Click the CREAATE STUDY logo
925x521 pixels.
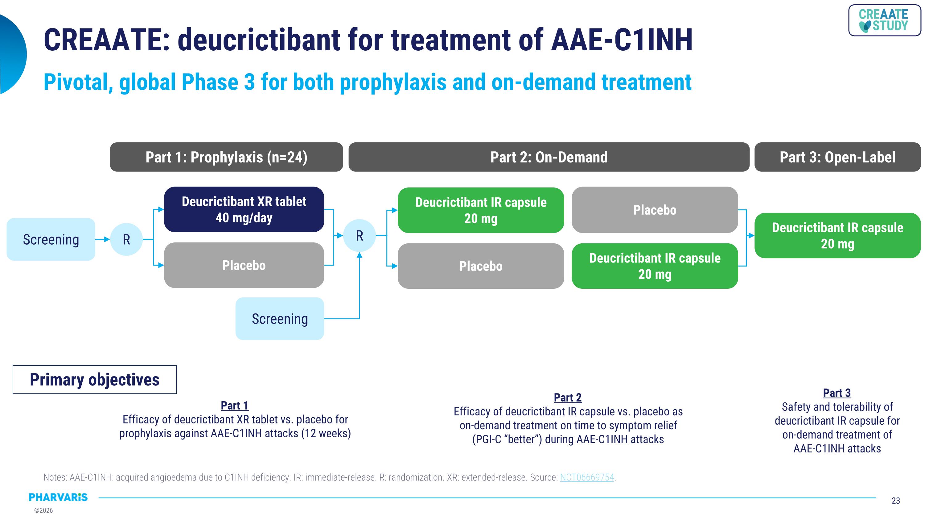pos(884,20)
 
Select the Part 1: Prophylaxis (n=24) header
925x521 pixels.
pos(226,157)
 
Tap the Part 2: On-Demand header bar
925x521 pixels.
pos(549,157)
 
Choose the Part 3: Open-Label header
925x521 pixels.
pos(837,157)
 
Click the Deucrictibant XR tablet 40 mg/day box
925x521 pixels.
pos(244,209)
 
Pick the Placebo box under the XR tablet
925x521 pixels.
pos(244,265)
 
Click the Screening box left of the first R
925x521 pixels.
pos(51,239)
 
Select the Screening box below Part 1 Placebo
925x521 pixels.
pos(279,319)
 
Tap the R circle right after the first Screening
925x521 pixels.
pos(126,239)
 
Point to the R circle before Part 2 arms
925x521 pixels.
pos(359,236)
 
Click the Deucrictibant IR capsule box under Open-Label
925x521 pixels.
pos(837,236)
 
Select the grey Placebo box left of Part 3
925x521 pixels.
pos(654,210)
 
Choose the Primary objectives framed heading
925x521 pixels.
pos(94,380)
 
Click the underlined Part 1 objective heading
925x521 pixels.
pos(234,405)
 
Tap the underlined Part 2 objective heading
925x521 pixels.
pos(567,398)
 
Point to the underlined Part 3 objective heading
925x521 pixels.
pos(837,393)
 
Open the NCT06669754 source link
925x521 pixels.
pos(587,477)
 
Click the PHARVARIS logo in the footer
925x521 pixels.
pos(58,497)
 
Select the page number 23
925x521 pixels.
pos(896,501)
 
